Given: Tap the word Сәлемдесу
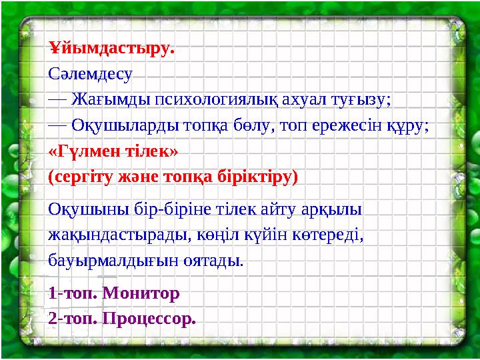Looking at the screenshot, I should pyautogui.click(x=91, y=74).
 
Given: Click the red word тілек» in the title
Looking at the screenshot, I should pyautogui.click(x=155, y=151).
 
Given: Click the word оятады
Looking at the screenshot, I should pyautogui.click(x=213, y=259).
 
